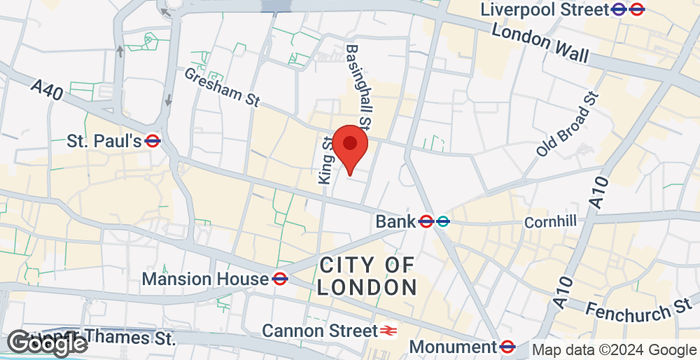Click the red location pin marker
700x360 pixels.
tap(350, 148)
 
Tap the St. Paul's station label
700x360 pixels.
tap(104, 141)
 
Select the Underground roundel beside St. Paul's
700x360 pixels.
tap(153, 141)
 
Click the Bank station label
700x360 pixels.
tap(395, 220)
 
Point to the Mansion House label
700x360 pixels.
tap(205, 278)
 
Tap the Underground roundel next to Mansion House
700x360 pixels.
tap(282, 278)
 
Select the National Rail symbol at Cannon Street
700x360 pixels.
tap(385, 330)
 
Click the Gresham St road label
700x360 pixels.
tap(222, 87)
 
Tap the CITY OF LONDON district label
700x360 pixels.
tap(367, 275)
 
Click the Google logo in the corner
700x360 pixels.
tap(44, 343)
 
